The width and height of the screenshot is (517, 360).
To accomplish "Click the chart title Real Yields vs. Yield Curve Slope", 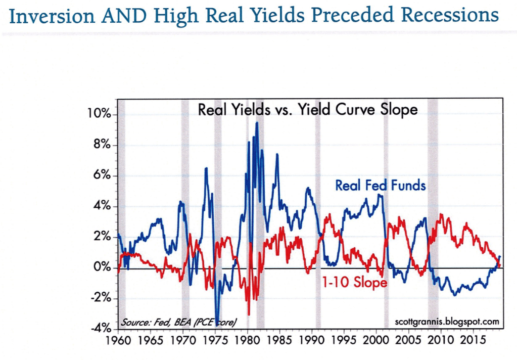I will point(308,109).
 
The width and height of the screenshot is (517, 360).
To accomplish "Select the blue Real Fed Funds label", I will point(381,186).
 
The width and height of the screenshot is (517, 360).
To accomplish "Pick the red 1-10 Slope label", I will point(354,283).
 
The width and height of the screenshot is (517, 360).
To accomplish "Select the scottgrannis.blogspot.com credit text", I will point(446,321).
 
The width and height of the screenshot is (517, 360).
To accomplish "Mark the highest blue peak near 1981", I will point(257,123).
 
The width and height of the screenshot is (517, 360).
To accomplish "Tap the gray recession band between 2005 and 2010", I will point(433,212).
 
